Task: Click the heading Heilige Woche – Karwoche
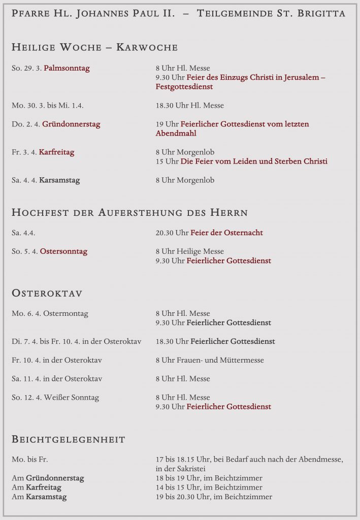tap(94, 47)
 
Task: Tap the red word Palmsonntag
tap(67, 68)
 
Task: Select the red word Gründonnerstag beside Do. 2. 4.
tap(71, 124)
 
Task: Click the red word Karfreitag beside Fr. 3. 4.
tap(56, 152)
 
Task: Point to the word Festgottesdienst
tap(184, 87)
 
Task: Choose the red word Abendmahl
tap(176, 134)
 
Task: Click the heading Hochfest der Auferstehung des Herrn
tap(129, 212)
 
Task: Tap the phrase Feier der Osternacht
tap(226, 233)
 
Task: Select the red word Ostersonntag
tap(63, 251)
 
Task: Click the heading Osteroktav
tap(47, 294)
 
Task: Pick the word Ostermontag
tap(66, 313)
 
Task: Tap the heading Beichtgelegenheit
tap(68, 439)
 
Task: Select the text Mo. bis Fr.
tap(29, 460)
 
